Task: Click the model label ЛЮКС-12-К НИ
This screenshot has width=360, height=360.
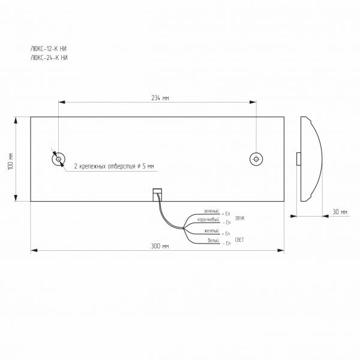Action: click(49, 49)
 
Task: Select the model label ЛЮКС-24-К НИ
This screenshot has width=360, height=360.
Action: click(49, 58)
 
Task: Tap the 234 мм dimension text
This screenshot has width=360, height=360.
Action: click(160, 98)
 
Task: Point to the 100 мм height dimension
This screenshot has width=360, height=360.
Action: click(11, 161)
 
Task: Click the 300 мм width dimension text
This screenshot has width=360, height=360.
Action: click(160, 246)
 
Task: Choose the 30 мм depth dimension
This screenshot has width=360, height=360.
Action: click(340, 212)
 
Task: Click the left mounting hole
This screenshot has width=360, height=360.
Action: click(58, 159)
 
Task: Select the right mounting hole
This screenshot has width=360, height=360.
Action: click(256, 159)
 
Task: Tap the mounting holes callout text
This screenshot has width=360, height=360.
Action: click(114, 166)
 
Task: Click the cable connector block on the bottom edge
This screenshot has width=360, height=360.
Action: click(157, 195)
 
